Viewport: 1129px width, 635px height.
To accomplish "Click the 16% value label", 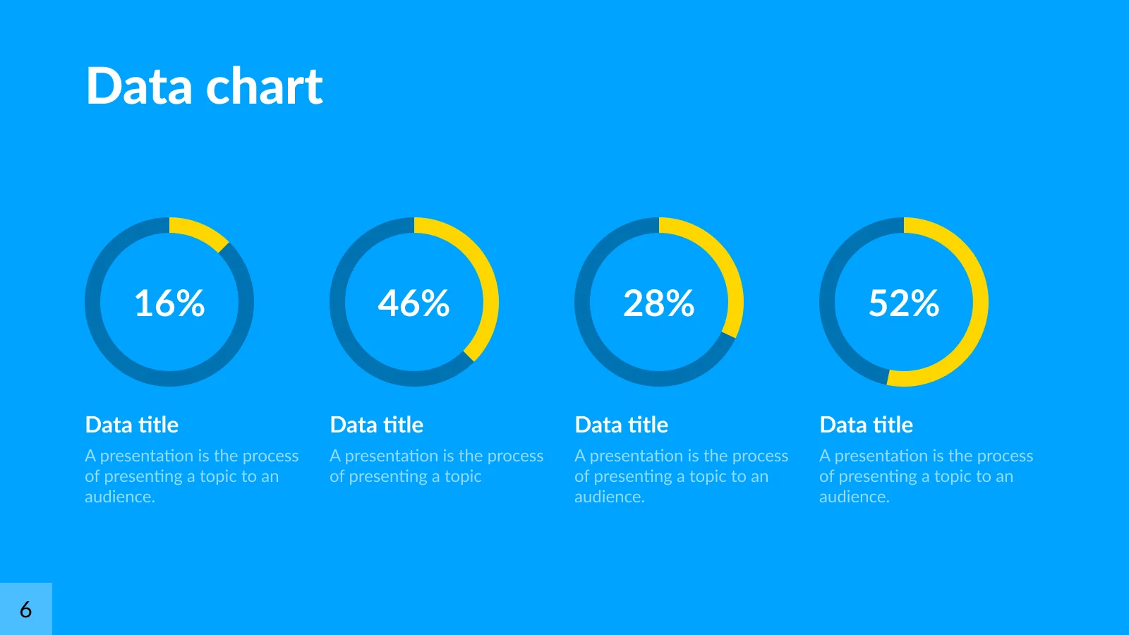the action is tap(169, 303).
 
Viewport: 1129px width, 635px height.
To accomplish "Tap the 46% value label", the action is tap(413, 303).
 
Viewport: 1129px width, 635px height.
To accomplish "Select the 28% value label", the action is tap(659, 303).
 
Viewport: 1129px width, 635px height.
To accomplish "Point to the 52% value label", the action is tap(904, 303).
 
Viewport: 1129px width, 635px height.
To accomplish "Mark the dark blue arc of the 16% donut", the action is tap(169, 379).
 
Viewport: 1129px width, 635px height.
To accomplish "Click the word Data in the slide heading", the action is tap(139, 85).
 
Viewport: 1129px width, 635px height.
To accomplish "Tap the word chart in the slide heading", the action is tap(264, 85).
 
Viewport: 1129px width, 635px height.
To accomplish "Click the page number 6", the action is tap(25, 610).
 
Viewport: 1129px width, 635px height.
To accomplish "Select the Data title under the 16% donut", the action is tap(131, 425).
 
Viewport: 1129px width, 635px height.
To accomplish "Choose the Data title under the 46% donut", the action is tap(377, 425).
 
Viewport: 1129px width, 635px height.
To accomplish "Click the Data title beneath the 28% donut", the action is tap(622, 425).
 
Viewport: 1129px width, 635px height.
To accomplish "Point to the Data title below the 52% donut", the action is tap(867, 425).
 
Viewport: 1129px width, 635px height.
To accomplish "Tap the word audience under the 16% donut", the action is tap(120, 497).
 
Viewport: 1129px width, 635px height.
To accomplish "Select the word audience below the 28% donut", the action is tap(610, 497).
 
